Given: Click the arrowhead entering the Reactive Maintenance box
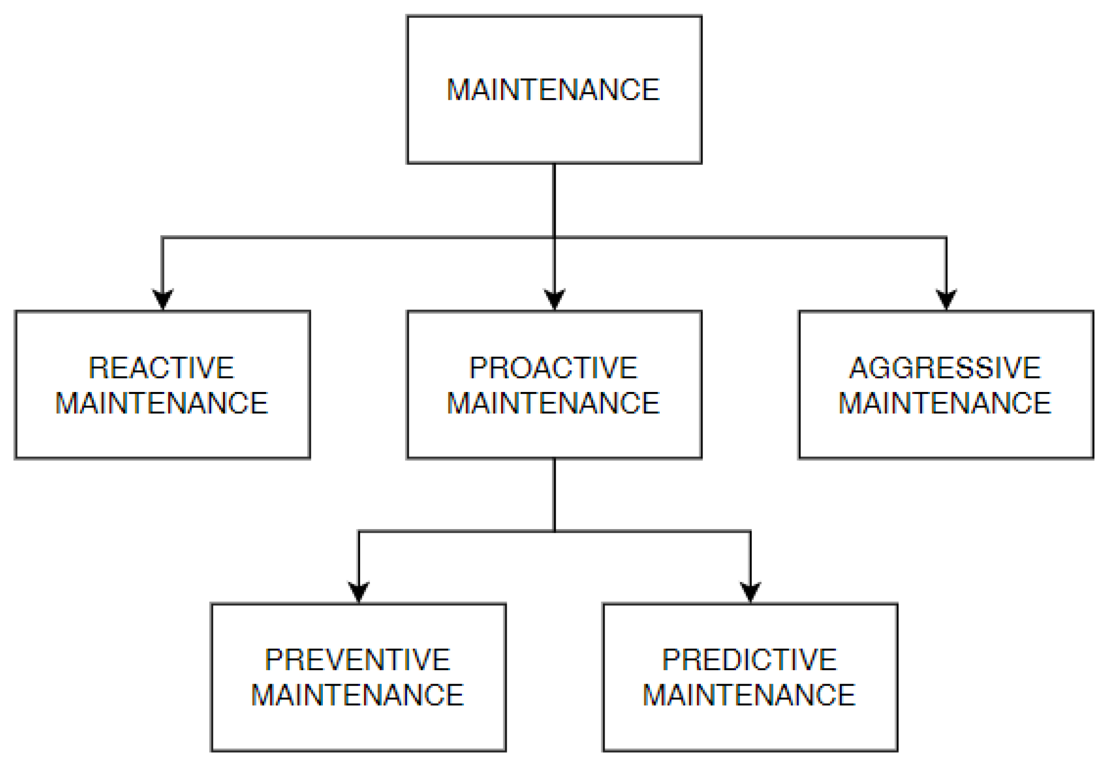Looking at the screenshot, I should tap(162, 299).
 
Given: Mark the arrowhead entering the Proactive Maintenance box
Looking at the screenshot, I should tap(554, 299).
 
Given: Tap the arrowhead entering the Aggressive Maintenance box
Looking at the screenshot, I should tap(946, 299).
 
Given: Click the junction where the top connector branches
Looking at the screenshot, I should tap(554, 238).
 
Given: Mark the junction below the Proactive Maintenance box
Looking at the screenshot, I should tap(554, 531).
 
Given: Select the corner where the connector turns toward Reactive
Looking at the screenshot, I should tap(162, 238).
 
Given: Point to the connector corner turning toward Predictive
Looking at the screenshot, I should tap(750, 531).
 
